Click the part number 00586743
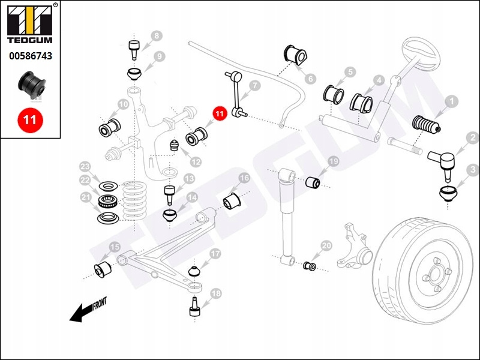(x=30, y=56)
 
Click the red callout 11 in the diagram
(x=219, y=113)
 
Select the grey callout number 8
(x=157, y=37)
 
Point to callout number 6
(x=310, y=79)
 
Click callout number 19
(x=333, y=161)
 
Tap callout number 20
(x=326, y=245)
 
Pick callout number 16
(x=244, y=178)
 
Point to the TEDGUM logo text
(x=30, y=41)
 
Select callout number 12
(x=196, y=161)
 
